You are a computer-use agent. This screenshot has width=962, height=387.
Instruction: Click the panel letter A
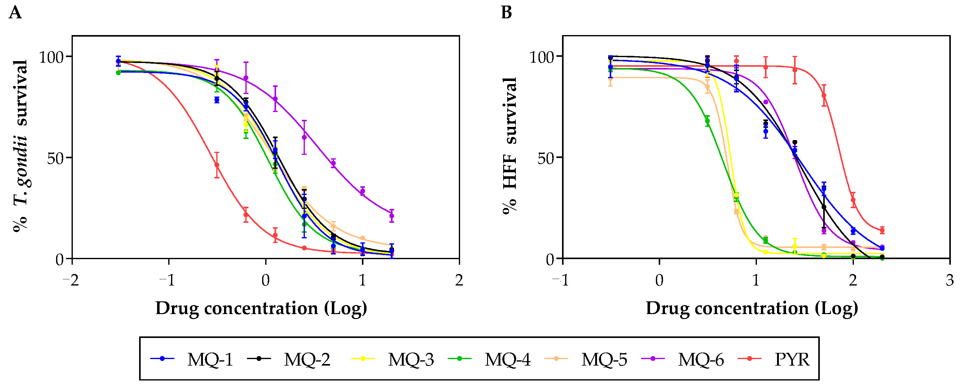coord(15,13)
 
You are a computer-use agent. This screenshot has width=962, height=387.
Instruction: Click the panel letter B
coord(506,13)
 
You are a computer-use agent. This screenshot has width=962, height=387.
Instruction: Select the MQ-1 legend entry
coord(192,360)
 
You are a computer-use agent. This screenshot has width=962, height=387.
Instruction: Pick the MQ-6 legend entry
coord(683,360)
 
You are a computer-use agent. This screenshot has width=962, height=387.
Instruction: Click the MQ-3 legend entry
coord(393,360)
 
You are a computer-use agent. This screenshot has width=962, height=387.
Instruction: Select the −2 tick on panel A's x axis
coord(71,280)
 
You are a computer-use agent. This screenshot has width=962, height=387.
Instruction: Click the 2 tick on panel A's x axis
coord(459,280)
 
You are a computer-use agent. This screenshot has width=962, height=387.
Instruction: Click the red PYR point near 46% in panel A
coord(217,165)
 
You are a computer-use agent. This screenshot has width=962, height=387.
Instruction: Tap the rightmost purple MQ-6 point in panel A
coord(391,216)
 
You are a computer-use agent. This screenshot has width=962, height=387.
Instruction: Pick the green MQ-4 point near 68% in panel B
coord(707,121)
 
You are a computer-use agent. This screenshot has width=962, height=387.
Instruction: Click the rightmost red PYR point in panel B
coord(882,230)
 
